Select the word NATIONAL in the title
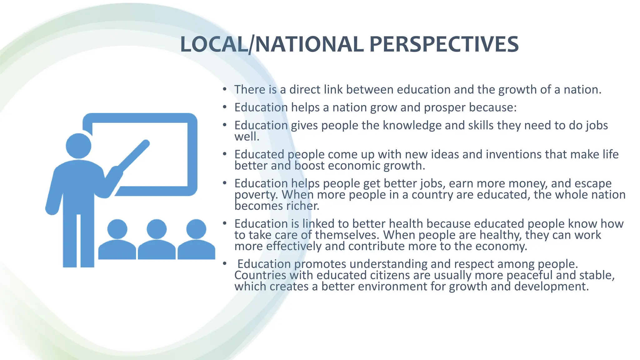click(309, 44)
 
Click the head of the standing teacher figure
click(78, 146)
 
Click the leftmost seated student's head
click(117, 229)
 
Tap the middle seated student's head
click(157, 229)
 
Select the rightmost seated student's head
click(196, 229)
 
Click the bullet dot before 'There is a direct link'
click(224, 89)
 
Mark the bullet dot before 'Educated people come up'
click(224, 154)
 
